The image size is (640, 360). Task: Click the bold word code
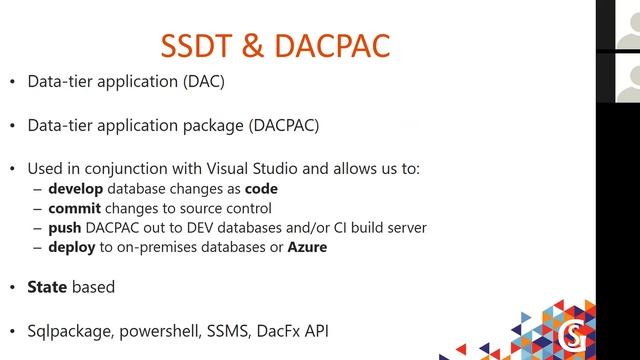pyautogui.click(x=258, y=189)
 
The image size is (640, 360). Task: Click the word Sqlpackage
pyautogui.click(x=72, y=331)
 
